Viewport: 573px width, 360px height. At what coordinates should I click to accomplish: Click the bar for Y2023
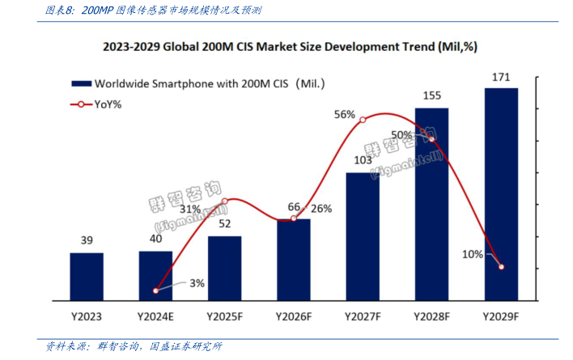tap(86, 277)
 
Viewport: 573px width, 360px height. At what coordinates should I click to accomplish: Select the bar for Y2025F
tap(224, 269)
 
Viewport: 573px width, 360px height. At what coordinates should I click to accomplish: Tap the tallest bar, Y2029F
tap(501, 194)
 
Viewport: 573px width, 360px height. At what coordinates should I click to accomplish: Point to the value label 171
tap(501, 78)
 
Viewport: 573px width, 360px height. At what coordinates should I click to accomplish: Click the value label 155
tap(431, 95)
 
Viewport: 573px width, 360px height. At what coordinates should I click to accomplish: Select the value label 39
tap(86, 240)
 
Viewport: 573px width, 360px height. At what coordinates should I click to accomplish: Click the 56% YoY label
tap(345, 115)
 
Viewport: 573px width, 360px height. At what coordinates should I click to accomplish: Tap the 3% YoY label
tap(197, 283)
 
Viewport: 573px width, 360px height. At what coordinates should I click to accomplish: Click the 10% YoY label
tap(473, 254)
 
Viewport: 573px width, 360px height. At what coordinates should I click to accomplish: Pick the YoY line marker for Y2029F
tap(501, 267)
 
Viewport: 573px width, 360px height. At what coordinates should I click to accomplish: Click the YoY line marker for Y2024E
tap(155, 290)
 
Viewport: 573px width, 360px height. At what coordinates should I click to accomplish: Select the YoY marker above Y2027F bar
tap(363, 120)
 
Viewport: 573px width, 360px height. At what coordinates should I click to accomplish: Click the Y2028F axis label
tap(431, 316)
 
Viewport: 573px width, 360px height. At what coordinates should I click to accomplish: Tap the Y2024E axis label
tap(155, 316)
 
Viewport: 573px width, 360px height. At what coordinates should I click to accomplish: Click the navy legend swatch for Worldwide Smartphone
tap(81, 83)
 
